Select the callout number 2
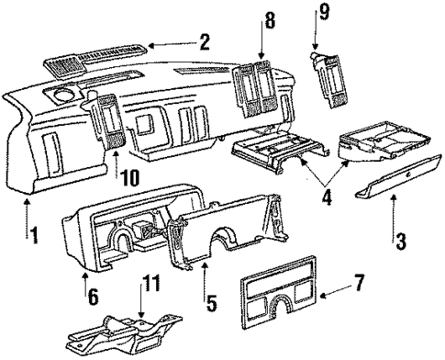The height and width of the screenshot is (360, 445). (x=204, y=41)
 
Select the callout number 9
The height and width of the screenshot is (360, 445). (x=321, y=13)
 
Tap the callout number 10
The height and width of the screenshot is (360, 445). (x=129, y=176)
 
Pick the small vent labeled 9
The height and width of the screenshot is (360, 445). (x=331, y=73)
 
